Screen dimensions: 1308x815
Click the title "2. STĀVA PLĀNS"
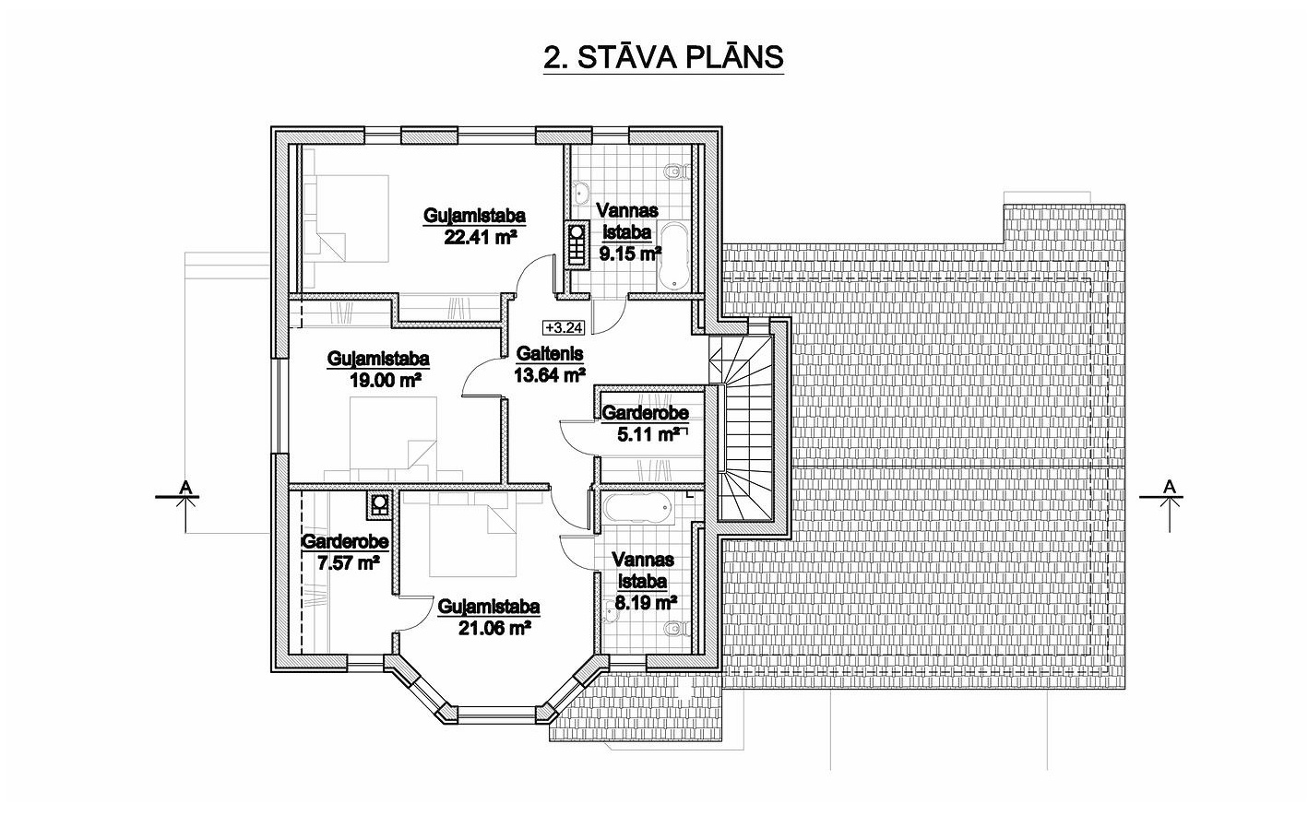click(663, 57)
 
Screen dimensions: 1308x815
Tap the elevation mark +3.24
click(565, 327)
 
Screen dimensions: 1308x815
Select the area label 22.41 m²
click(481, 237)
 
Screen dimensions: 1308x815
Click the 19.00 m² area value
click(386, 380)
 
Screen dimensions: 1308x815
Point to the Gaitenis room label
click(550, 353)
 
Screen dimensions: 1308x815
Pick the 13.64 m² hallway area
click(550, 374)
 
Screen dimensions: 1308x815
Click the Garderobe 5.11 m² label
click(646, 423)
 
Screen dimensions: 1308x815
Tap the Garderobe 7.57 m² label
click(345, 551)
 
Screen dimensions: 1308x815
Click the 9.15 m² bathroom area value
click(630, 254)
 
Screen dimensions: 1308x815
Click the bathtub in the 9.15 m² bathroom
click(673, 255)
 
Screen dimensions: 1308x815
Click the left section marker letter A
click(185, 486)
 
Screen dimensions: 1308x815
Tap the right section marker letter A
click(1170, 486)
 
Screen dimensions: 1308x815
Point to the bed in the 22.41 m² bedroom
click(346, 218)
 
